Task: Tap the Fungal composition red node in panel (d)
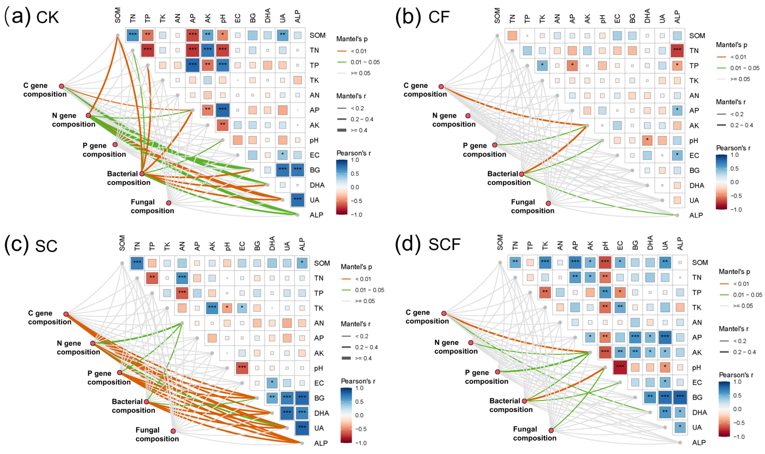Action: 551,430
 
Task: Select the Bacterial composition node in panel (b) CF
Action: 521,174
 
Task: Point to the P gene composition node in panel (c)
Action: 119,372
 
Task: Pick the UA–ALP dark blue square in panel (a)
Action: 297,200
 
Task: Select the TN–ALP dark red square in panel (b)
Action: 677,51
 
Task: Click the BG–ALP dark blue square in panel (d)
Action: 680,397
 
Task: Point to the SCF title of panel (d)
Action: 444,245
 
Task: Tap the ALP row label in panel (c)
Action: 321,443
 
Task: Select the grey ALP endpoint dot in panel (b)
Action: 677,215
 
